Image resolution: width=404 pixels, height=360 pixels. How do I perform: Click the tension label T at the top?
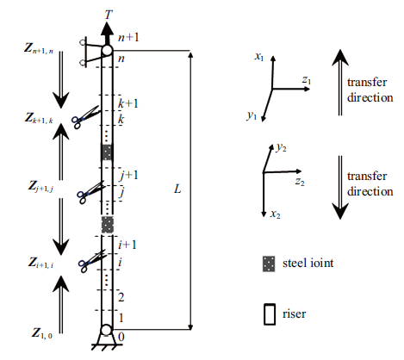pos(109,15)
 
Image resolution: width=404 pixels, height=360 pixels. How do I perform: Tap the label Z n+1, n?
pos(39,48)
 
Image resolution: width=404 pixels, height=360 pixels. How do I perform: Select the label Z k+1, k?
pos(39,118)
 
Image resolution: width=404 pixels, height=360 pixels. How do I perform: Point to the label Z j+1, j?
pos(40,187)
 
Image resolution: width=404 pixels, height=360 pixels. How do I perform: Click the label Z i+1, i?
pos(40,263)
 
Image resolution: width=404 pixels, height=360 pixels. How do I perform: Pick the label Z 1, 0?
pos(42,333)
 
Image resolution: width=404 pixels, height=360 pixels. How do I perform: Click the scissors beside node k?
pos(85,117)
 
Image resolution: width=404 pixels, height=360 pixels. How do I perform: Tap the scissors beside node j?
pos(90,192)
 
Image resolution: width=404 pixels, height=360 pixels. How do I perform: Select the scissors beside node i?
pos(91,261)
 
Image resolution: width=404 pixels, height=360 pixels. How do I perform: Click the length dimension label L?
pos(177,189)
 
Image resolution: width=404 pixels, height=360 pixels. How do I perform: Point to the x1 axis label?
pos(259,56)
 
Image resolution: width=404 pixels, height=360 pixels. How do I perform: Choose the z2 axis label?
pos(300,182)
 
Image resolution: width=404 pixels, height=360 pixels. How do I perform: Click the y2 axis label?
pos(281,147)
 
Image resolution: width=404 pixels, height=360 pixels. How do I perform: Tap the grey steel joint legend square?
pos(269,264)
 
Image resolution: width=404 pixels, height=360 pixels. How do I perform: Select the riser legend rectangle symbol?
pos(270,314)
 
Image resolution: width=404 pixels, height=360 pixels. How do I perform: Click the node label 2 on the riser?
pos(121,297)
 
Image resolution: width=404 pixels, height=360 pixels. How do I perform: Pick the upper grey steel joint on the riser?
pos(107,152)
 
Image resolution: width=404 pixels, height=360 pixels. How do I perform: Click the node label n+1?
pos(128,37)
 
